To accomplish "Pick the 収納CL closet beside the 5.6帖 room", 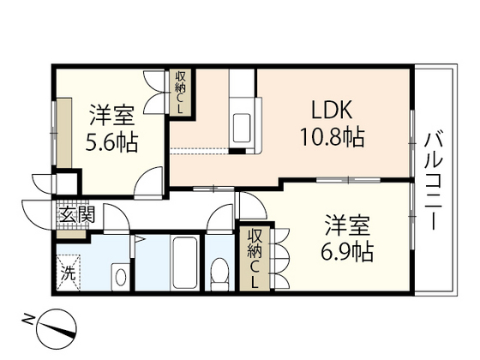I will point(181,93).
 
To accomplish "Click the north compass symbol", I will point(60,328).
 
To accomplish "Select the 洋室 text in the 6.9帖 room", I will point(346,226).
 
